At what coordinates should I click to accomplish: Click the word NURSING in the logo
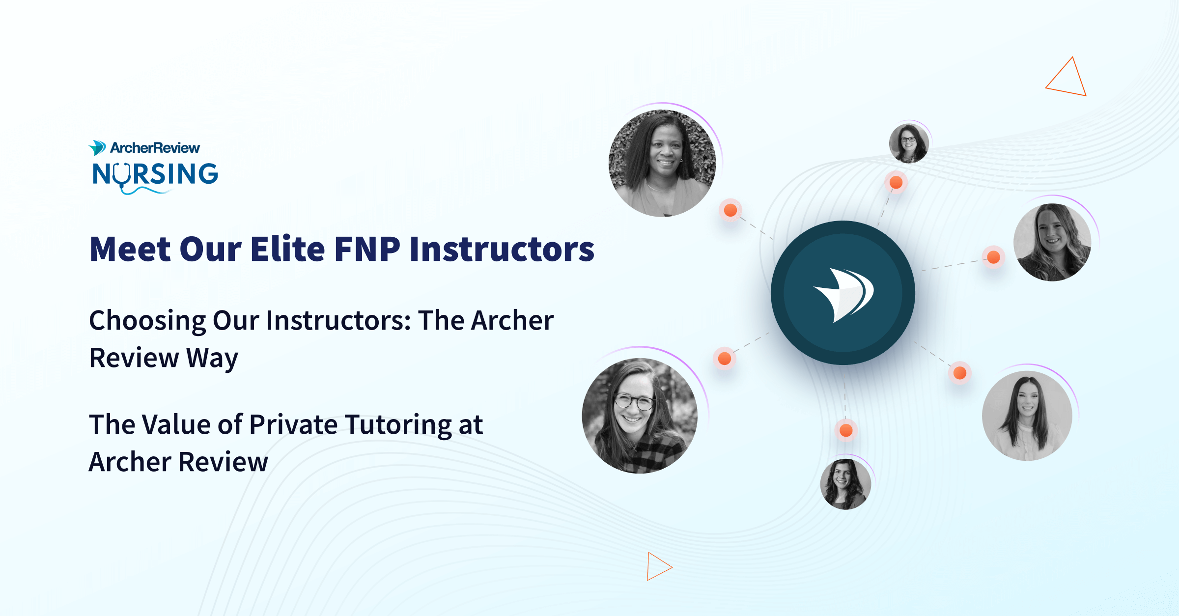(x=155, y=174)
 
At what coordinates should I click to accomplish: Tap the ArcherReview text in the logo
(x=155, y=147)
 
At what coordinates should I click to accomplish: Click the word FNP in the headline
(x=367, y=249)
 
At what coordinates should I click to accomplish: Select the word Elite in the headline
(x=287, y=249)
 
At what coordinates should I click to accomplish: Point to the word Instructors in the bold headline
(x=502, y=249)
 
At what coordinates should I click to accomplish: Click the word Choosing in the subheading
(x=147, y=321)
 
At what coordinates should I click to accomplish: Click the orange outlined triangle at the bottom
(x=657, y=566)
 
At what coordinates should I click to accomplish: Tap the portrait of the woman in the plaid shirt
(x=640, y=416)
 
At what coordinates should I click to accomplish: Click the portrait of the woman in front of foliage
(x=662, y=163)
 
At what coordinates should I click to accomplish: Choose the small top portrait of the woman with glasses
(x=909, y=143)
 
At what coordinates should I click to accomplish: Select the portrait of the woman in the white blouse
(x=1027, y=416)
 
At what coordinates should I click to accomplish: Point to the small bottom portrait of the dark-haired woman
(x=845, y=484)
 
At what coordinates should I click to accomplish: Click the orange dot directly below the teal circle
(x=846, y=431)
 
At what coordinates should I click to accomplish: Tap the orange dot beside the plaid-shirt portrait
(x=725, y=359)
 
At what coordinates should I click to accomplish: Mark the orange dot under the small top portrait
(x=896, y=183)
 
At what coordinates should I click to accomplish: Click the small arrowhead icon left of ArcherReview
(x=97, y=147)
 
